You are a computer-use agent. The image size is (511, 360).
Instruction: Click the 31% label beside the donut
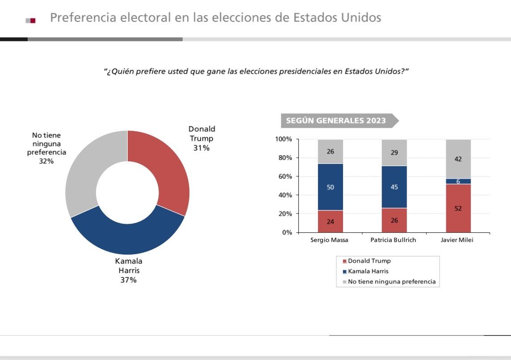coord(201,148)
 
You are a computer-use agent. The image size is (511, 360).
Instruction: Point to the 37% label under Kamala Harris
coord(129,280)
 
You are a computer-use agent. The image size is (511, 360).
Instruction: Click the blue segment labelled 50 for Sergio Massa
coord(331,187)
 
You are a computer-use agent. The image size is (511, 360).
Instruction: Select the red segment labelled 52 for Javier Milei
coord(458,208)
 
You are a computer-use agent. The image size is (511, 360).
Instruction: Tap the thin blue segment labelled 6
coord(458,181)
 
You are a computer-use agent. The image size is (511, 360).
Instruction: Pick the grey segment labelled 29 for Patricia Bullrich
coord(394,153)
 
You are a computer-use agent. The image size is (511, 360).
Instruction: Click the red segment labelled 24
coord(331,221)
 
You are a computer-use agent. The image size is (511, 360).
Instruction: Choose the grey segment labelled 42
coord(458,159)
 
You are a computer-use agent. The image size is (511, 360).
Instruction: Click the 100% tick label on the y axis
coord(283,139)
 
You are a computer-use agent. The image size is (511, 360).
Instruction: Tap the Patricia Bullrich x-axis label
coord(393,240)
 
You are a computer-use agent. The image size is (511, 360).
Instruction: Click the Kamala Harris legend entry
coord(368,271)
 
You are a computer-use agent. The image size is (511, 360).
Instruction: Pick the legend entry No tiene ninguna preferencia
coord(391,282)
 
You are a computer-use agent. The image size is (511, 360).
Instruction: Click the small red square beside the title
coord(33,20)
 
